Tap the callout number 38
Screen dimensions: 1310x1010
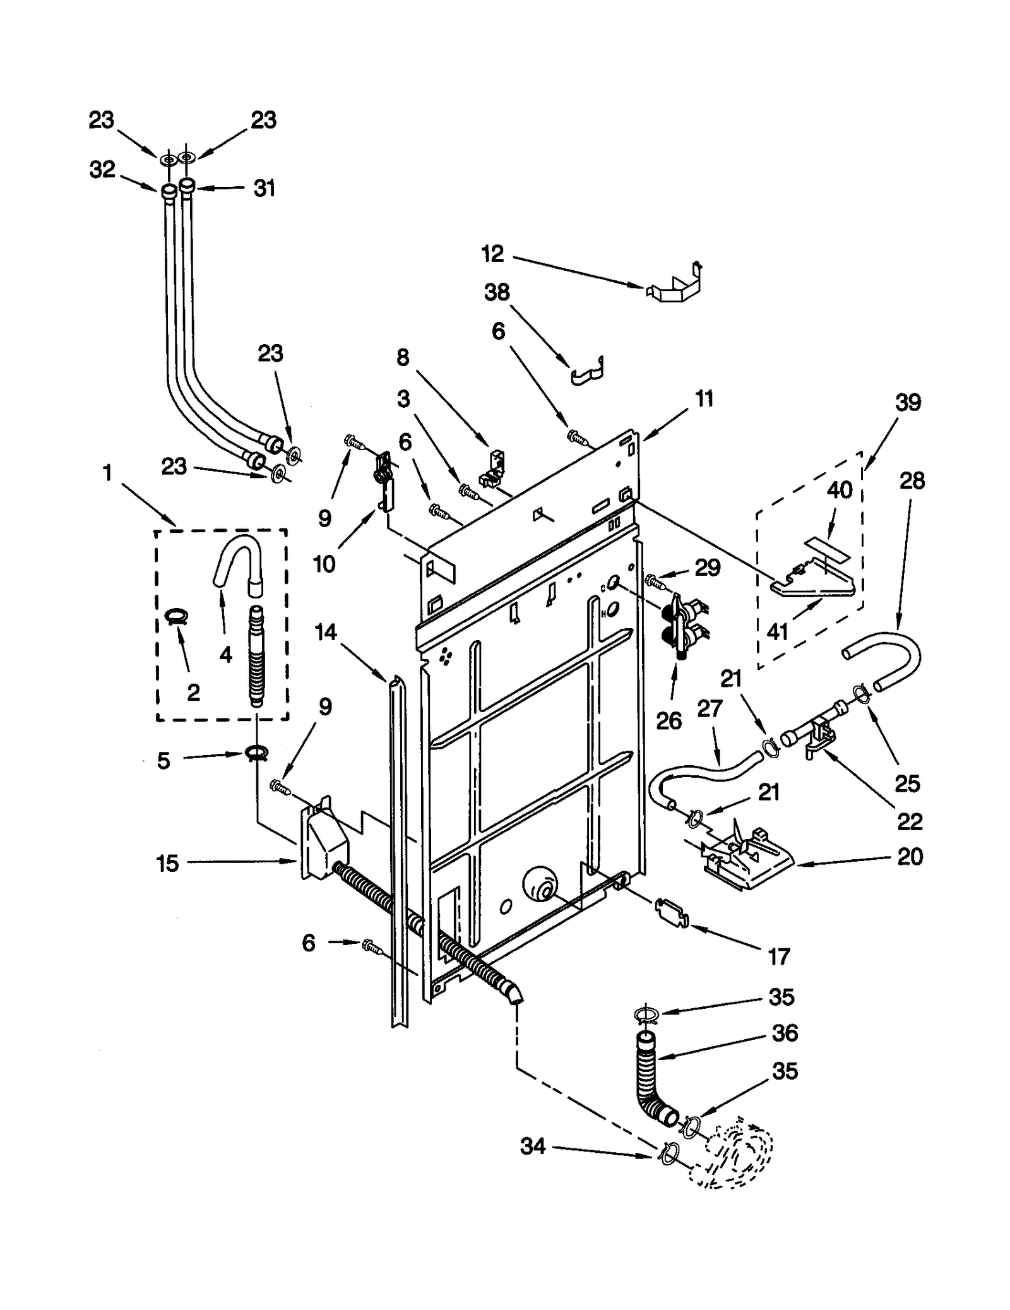point(496,292)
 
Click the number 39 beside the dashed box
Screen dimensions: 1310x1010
point(908,402)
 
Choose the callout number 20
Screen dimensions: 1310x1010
point(909,857)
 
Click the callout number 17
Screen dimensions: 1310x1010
point(778,957)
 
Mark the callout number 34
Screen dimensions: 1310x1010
point(532,1146)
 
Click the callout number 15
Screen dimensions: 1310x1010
point(167,863)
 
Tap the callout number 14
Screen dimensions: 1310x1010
point(326,632)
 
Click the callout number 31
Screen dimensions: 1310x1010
point(264,188)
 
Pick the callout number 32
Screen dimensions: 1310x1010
point(102,169)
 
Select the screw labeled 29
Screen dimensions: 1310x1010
point(654,578)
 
